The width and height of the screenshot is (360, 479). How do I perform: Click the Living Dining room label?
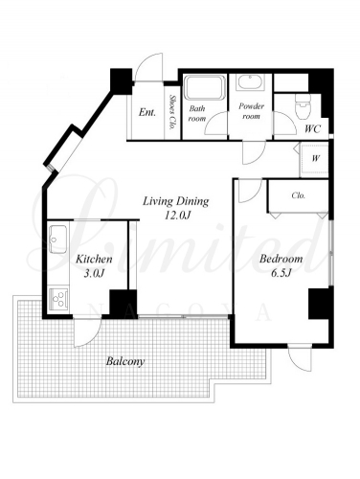point(175,201)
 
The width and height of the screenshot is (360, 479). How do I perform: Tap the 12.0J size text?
point(177,216)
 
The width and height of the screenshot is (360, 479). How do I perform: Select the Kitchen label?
point(94,259)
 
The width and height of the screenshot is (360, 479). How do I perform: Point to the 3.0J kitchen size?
point(94,273)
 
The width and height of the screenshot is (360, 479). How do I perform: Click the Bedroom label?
point(281,259)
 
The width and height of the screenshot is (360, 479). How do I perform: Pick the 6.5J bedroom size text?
point(281,273)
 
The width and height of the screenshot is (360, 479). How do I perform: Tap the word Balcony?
point(125,361)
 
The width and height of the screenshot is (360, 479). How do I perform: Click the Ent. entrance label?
point(147,112)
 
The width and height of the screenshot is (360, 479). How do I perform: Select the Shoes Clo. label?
point(173,111)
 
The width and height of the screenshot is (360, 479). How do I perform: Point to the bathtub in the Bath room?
point(205,88)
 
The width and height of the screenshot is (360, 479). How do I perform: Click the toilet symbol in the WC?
point(302,106)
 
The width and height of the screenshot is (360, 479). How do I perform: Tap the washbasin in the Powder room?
point(251,82)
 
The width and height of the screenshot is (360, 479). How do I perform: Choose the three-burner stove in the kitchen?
point(58,299)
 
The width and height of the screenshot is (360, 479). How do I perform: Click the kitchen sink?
point(58,239)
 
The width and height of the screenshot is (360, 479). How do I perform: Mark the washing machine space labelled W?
point(314,160)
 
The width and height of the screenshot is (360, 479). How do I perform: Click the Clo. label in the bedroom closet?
point(299,195)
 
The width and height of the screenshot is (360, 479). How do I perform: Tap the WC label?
point(312,129)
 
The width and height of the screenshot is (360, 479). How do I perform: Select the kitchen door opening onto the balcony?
point(87,332)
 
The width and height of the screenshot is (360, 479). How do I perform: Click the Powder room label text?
point(251,110)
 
